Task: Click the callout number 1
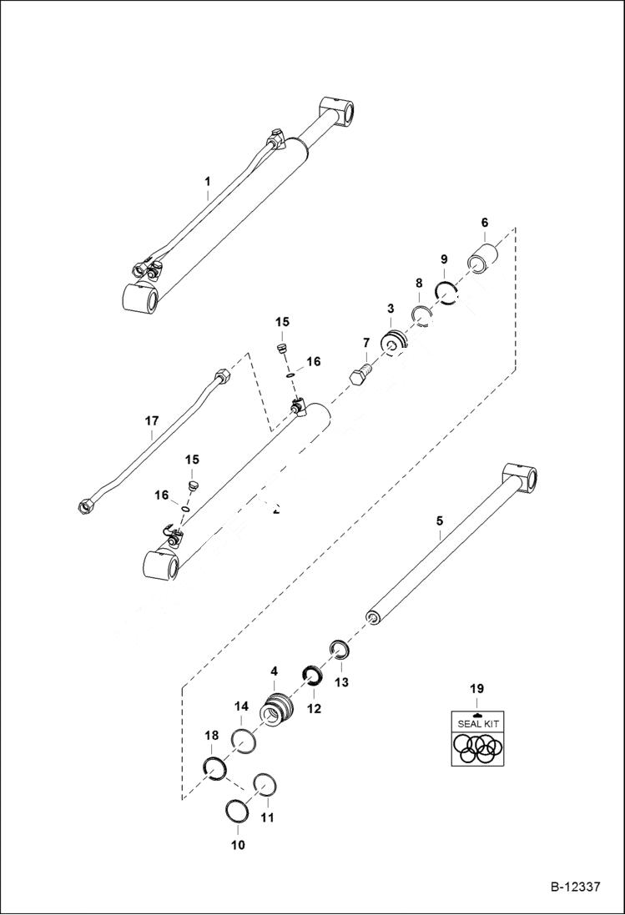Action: (x=208, y=181)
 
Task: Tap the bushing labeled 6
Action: (x=484, y=254)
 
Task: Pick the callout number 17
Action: (x=150, y=422)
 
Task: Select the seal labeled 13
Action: (x=339, y=648)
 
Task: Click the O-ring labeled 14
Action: (x=242, y=740)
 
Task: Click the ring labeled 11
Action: (x=265, y=786)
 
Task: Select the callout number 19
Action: (x=476, y=689)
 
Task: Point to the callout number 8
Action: (x=419, y=284)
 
